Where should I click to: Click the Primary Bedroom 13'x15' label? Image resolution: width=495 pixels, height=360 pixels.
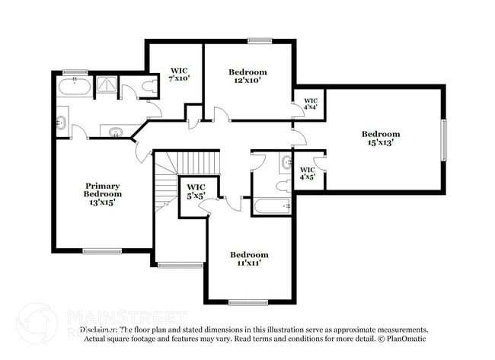pos(103,194)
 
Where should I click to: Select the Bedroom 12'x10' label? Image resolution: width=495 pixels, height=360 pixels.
pos(248,77)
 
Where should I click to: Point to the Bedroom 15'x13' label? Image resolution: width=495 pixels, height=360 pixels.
pos(380,139)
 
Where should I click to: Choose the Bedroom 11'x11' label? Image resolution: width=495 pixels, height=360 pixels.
pos(249,259)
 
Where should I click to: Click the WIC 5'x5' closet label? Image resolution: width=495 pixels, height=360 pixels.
pos(196,191)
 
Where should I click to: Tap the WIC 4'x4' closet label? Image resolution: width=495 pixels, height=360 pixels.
pos(310,104)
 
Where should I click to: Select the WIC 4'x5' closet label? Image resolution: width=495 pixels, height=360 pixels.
pos(307,173)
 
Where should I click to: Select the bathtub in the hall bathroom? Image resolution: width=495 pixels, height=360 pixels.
pos(271,205)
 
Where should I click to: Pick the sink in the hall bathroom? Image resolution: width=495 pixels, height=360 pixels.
pos(286,161)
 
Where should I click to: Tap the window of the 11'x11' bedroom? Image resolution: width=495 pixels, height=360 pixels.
pos(248,302)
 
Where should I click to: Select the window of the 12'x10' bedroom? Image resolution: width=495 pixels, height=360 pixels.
pos(260,40)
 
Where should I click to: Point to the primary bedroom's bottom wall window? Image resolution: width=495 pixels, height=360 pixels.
pos(102,250)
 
